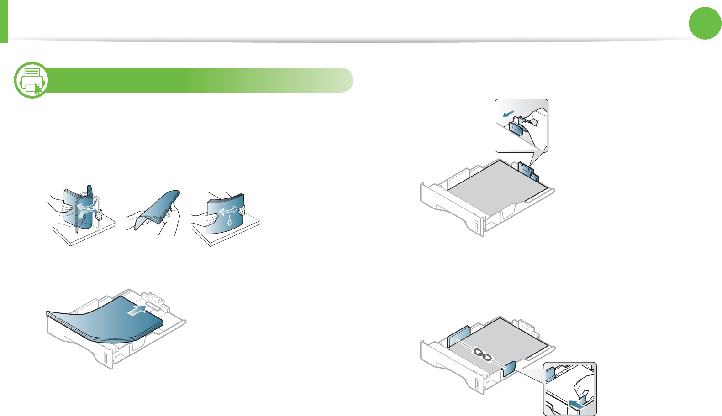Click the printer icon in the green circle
(x=31, y=80)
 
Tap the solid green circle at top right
(x=705, y=23)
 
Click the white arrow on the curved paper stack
(x=137, y=310)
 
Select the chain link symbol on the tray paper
(x=483, y=354)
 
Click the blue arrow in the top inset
(x=508, y=114)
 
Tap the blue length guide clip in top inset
(x=516, y=127)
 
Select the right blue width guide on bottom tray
(x=509, y=368)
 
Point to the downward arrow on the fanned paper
(x=229, y=221)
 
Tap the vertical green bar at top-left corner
(x=4, y=21)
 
